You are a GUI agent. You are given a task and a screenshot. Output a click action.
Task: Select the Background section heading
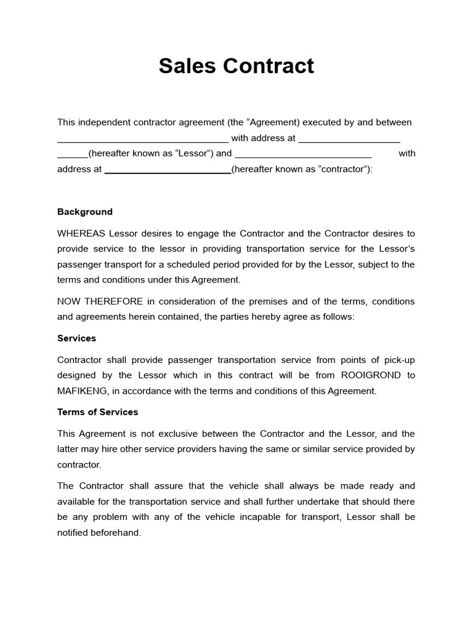point(85,212)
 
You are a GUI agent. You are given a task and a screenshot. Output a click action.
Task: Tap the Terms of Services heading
point(97,412)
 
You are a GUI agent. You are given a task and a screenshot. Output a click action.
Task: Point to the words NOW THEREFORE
point(100,301)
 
